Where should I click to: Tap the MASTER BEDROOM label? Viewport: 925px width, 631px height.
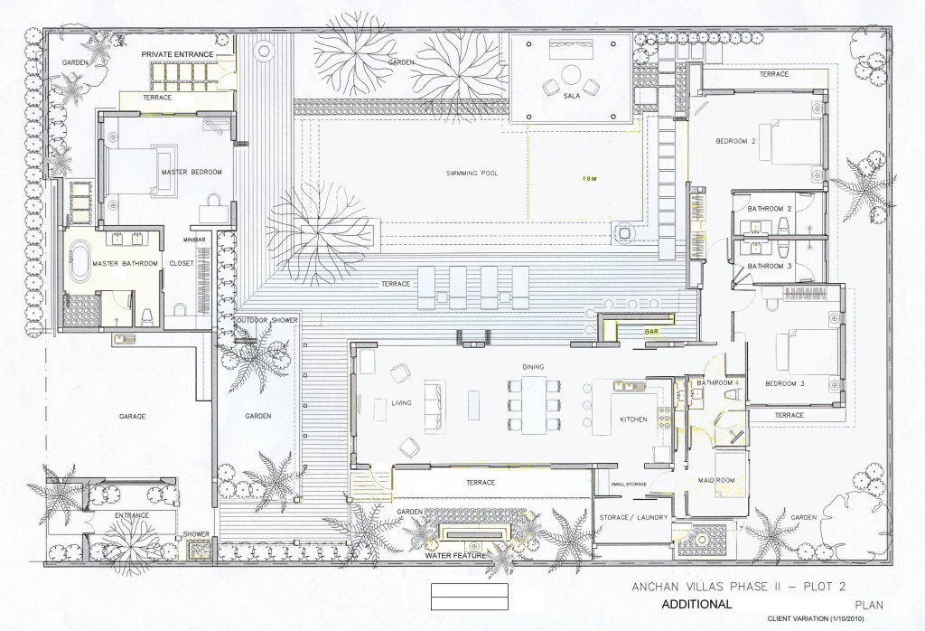click(x=191, y=172)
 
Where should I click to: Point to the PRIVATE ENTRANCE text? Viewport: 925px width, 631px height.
click(x=177, y=55)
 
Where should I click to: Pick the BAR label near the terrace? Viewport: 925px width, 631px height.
click(x=651, y=332)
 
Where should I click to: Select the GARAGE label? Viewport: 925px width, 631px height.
click(x=133, y=417)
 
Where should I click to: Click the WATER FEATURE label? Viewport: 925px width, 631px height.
click(x=454, y=556)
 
